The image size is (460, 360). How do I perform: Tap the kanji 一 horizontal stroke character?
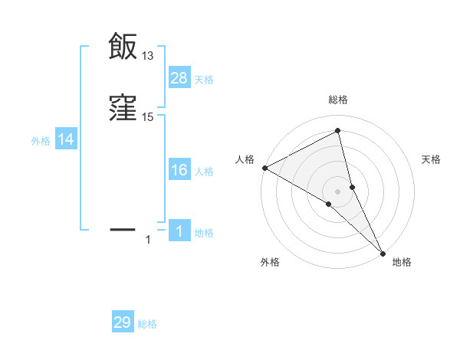pos(123,228)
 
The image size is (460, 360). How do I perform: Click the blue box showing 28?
pos(179,77)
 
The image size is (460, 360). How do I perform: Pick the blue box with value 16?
pos(179,170)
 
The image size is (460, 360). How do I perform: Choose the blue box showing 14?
pos(66,139)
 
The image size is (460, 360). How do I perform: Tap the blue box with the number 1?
pos(179,231)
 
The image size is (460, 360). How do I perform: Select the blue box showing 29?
pos(123,322)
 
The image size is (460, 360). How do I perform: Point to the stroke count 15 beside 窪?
pos(148,117)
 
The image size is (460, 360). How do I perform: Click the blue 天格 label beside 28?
pos(204,79)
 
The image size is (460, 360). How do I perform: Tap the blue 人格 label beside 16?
pos(204,172)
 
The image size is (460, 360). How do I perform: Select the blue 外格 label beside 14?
pos(41,141)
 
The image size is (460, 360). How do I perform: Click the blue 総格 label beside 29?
pos(147,324)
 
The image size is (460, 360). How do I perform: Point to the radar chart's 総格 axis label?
pos(338,100)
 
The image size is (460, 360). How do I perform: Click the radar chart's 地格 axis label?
pos(402,262)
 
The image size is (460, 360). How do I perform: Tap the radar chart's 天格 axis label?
pos(431,159)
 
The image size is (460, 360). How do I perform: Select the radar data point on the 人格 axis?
pos(264,167)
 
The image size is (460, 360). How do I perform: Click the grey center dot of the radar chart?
pos(338,191)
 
